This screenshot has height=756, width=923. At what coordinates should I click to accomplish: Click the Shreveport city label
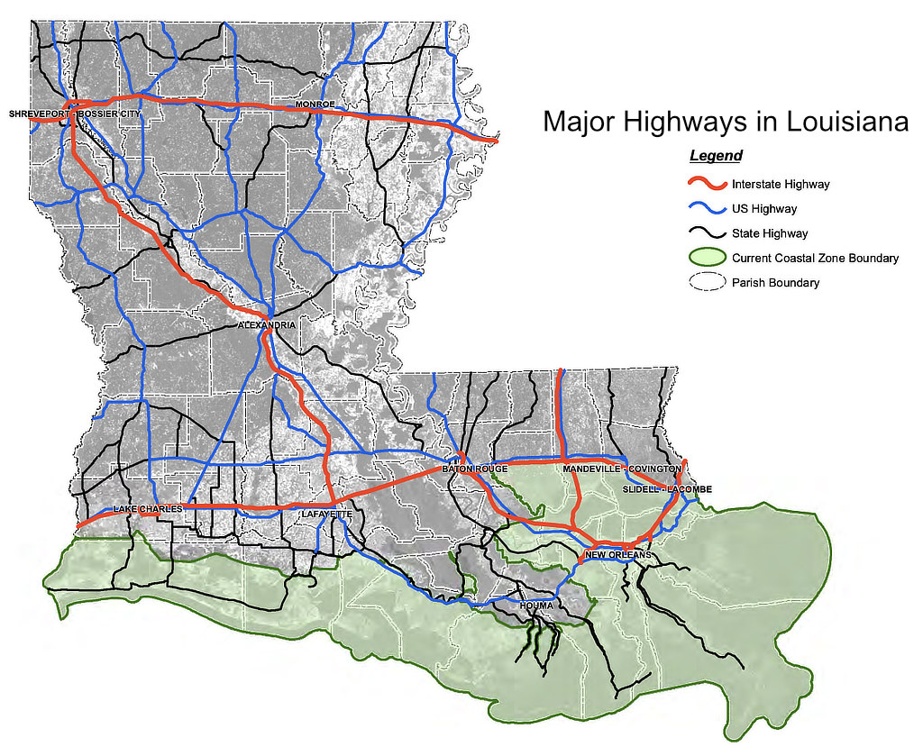coord(38,114)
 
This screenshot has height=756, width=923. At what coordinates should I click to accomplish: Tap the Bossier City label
coord(109,114)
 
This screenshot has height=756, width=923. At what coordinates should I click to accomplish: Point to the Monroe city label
coord(315,105)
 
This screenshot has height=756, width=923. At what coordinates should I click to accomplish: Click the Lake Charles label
coord(148,509)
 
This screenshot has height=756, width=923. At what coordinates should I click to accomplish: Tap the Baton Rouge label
coord(475,469)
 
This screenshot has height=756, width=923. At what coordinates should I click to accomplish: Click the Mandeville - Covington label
coord(622,469)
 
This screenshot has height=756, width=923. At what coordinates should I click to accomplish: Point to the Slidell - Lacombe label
coord(667,489)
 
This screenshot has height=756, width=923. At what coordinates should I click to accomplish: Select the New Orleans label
coord(617,554)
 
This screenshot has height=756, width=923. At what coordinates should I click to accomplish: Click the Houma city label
coord(535,605)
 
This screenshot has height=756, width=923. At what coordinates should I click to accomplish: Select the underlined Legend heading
coord(716,156)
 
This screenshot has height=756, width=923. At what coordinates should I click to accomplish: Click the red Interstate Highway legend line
coord(707,184)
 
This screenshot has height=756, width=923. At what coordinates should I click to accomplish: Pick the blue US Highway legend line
coord(707,209)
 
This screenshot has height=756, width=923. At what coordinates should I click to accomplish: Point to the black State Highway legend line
coord(707,233)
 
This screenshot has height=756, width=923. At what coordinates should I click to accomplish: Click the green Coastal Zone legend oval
coord(707,258)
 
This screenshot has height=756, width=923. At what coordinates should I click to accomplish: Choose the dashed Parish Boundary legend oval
coord(707,282)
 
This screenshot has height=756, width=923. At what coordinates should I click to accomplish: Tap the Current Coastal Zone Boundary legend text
coord(815,259)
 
